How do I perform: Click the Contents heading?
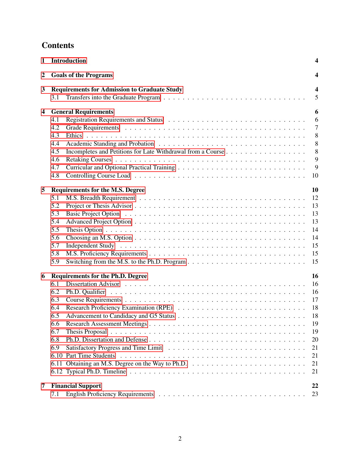[58, 45]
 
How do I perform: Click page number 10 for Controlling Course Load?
[315, 176]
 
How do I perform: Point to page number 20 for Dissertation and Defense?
[315, 340]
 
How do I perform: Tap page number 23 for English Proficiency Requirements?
[315, 394]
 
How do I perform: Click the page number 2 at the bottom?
[180, 439]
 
